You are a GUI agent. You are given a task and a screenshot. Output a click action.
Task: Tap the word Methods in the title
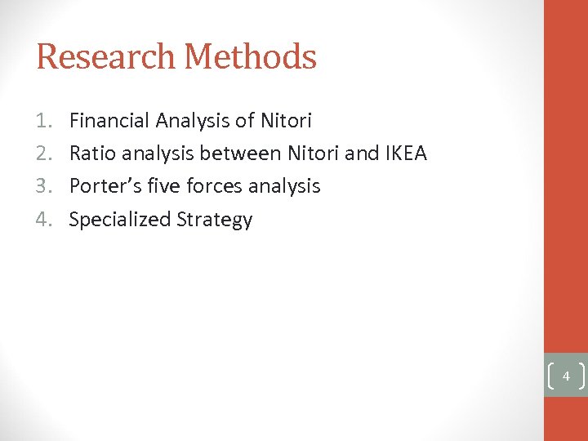point(250,57)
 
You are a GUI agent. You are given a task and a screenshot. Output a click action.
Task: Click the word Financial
point(109,122)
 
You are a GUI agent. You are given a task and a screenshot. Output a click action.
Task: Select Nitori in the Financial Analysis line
point(286,122)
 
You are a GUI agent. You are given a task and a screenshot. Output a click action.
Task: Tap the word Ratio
point(93,154)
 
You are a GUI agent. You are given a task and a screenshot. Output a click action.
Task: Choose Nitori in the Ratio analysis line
point(310,154)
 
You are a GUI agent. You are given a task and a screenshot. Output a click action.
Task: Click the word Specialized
point(119,220)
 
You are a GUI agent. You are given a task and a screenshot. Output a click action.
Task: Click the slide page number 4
point(565,377)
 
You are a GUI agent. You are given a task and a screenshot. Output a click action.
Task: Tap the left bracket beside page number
point(550,376)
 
